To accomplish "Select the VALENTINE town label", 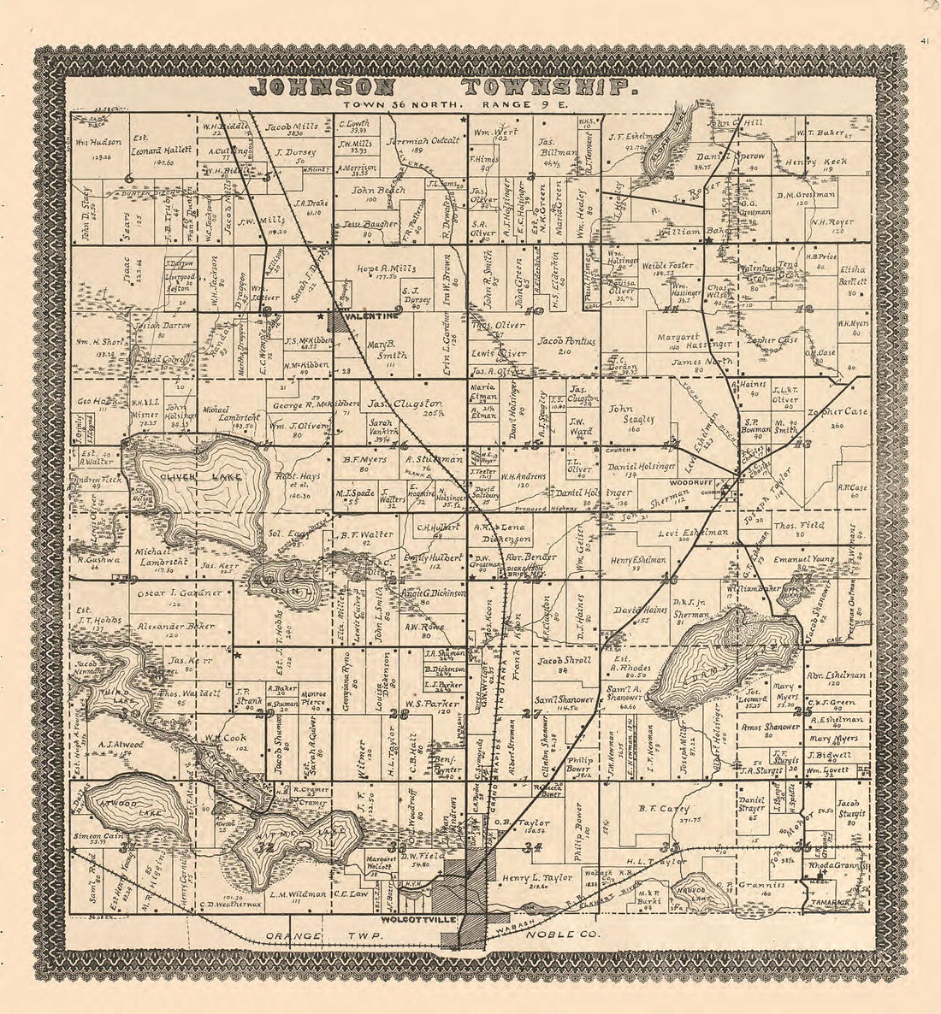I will point(370,316).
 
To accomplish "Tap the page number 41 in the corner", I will point(926,40).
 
